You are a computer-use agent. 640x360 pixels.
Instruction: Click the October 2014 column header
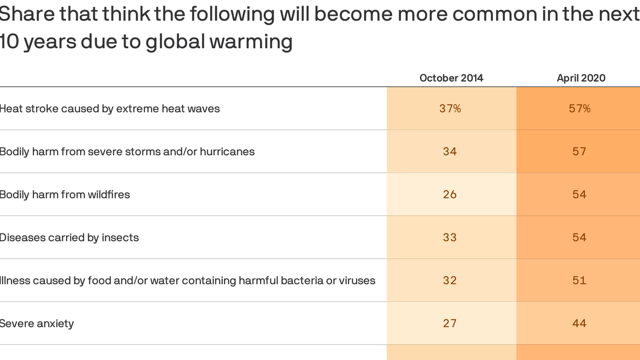(x=451, y=78)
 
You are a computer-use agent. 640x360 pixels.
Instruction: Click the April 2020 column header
(x=581, y=78)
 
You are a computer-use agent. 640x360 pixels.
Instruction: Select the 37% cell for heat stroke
(x=450, y=109)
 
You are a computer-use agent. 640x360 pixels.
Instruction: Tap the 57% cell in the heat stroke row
(x=580, y=109)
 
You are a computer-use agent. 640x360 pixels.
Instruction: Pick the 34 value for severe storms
(x=450, y=151)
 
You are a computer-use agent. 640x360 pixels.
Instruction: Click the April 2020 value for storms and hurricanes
(x=580, y=151)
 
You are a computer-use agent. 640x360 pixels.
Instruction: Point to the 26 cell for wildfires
(x=450, y=195)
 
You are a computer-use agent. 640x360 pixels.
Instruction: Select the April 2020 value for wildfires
(x=580, y=195)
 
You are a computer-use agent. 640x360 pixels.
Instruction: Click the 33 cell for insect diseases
(x=450, y=238)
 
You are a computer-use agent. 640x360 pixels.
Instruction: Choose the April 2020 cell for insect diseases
(x=580, y=238)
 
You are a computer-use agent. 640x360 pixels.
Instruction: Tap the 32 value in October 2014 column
(x=450, y=280)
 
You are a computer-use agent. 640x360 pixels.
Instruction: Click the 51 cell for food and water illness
(x=580, y=280)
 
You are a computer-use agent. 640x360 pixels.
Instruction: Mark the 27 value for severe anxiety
(x=450, y=323)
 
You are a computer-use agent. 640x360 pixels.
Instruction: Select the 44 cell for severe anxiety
(x=580, y=323)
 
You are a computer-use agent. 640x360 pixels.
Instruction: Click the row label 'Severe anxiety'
(x=37, y=323)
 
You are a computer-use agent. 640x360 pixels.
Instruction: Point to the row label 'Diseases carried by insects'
(x=69, y=238)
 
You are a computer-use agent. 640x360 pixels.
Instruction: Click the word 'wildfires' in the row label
(x=109, y=195)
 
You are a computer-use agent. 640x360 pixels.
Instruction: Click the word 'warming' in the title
(x=251, y=42)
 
